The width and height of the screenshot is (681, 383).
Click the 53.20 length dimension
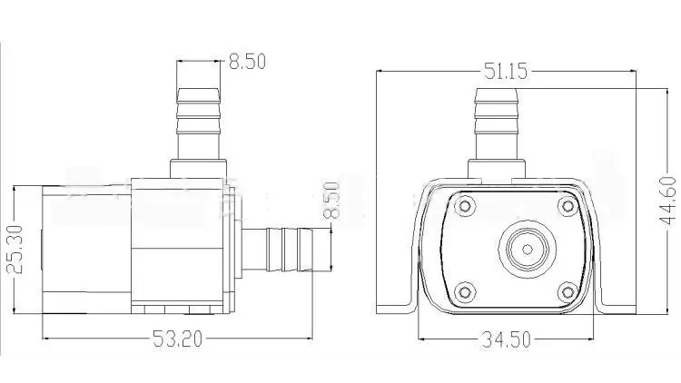tap(177, 339)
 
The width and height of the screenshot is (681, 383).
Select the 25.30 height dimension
tap(15, 249)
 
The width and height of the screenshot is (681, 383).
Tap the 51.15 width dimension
tap(506, 71)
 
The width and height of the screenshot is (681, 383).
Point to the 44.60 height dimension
tap(667, 201)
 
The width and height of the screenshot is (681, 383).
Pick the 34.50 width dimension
tap(506, 339)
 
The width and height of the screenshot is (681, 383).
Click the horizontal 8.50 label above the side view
tap(247, 61)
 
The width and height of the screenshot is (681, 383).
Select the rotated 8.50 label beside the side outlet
tap(331, 201)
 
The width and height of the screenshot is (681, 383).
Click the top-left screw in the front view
tap(465, 205)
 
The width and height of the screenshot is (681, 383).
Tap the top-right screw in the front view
tap(567, 205)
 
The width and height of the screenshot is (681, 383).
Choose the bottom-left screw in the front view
tap(465, 291)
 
